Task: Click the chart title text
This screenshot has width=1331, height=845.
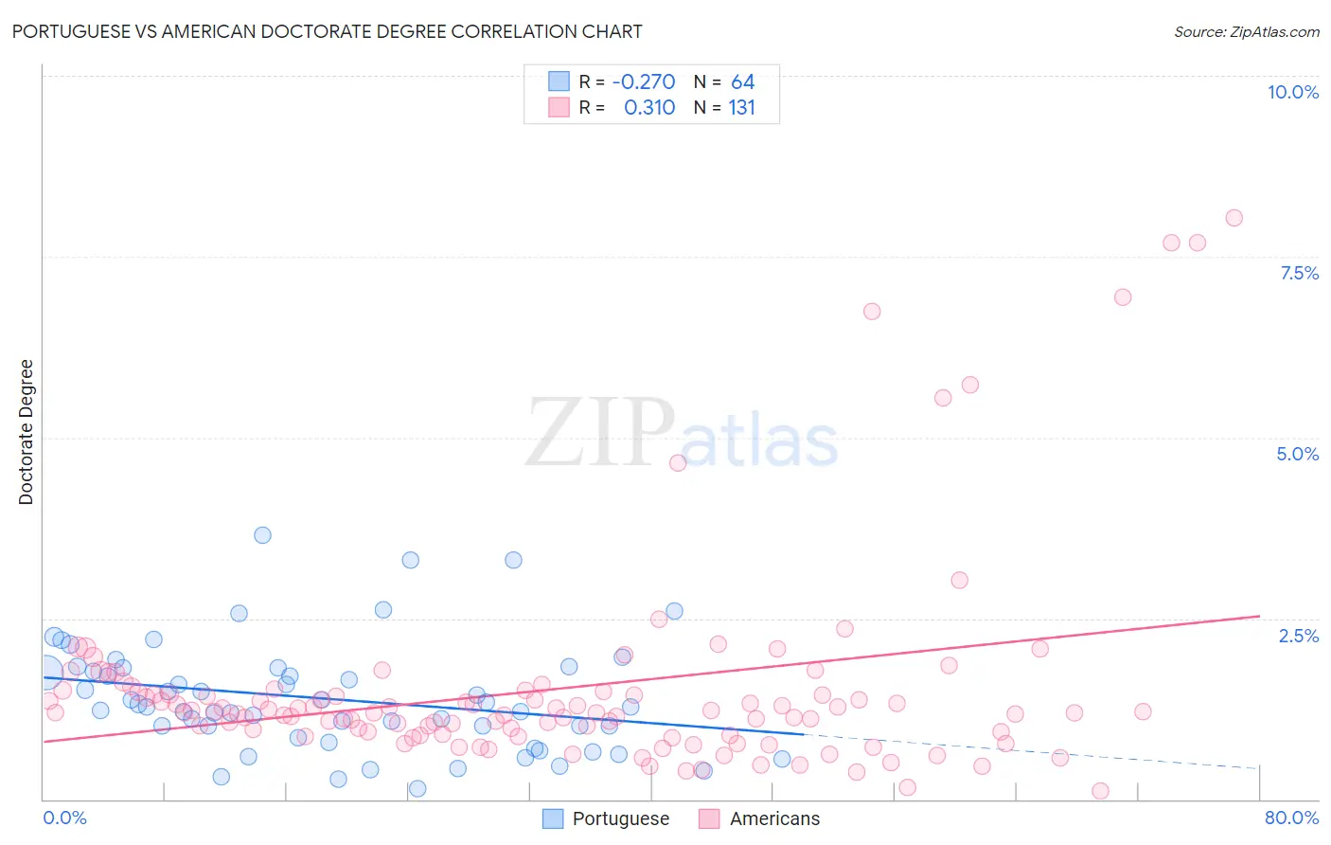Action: (x=327, y=32)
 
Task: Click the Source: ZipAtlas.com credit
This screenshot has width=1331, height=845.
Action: (x=1246, y=32)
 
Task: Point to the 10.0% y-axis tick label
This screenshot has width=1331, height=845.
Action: (x=1292, y=92)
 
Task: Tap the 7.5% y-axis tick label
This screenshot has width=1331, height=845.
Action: (x=1299, y=273)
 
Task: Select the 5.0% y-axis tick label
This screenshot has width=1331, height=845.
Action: (x=1297, y=454)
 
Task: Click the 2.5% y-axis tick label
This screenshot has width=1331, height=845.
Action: (x=1298, y=636)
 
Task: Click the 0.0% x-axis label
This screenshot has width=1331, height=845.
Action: (x=64, y=818)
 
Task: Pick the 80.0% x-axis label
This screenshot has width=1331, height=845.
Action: (x=1290, y=818)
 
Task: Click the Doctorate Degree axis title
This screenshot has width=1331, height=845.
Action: (x=27, y=432)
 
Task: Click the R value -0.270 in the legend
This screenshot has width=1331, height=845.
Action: (x=644, y=82)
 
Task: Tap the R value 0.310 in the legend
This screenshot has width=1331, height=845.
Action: (x=649, y=108)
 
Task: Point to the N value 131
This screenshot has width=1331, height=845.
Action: (x=741, y=108)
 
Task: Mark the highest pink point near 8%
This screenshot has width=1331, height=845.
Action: (x=1233, y=218)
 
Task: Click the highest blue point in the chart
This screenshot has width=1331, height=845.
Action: (x=262, y=535)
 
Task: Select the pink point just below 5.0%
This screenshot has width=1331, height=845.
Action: (x=677, y=463)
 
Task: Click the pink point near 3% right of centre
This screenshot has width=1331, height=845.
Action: (x=959, y=581)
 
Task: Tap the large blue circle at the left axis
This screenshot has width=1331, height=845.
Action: (x=45, y=672)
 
